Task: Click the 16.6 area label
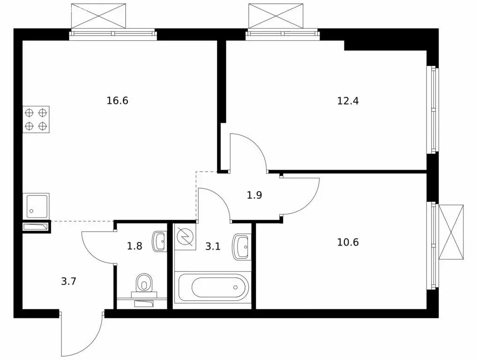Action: (118, 100)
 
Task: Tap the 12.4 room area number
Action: (348, 101)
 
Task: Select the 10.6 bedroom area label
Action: (348, 242)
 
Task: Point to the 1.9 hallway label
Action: (254, 195)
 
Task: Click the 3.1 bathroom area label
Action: (213, 246)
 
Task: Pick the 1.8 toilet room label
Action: (134, 246)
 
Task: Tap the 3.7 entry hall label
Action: (68, 282)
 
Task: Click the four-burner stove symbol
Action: (36, 119)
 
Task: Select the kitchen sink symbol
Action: (36, 206)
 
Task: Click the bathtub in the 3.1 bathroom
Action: (213, 287)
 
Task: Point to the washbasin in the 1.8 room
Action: (160, 241)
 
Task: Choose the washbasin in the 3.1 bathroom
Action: (241, 247)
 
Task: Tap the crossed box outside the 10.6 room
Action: (451, 232)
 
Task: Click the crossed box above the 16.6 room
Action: (98, 16)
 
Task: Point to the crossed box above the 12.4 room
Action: (276, 16)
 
